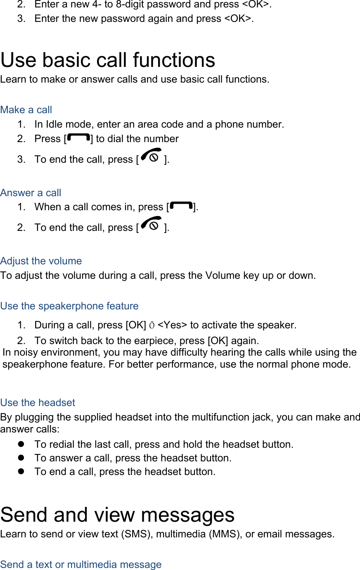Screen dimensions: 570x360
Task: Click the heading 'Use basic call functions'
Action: pyautogui.click(x=108, y=60)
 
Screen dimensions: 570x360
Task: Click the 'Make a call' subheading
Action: pyautogui.click(x=26, y=110)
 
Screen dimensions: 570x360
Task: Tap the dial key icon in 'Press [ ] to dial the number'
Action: pyautogui.click(x=78, y=138)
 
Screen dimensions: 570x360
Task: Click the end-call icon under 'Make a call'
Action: pyautogui.click(x=151, y=157)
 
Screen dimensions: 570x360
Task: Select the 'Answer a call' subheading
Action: pyautogui.click(x=31, y=193)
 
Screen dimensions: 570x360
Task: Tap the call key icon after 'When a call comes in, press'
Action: pyautogui.click(x=181, y=206)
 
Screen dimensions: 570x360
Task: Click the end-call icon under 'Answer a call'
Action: pyautogui.click(x=151, y=225)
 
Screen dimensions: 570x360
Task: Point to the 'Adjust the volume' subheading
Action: pyautogui.click(x=41, y=261)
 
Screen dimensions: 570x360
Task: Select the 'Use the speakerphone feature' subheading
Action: pyautogui.click(x=69, y=306)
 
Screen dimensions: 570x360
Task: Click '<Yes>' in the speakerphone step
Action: pyautogui.click(x=172, y=325)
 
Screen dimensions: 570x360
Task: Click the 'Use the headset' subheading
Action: pyautogui.click(x=38, y=403)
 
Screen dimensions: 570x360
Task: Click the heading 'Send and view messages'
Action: pyautogui.click(x=117, y=515)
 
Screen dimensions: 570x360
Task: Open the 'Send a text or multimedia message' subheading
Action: pyautogui.click(x=81, y=565)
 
